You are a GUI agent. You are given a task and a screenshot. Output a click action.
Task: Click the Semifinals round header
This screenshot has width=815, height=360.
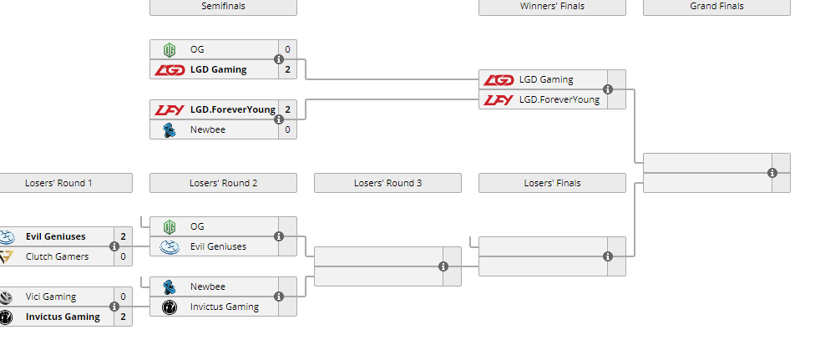click(223, 7)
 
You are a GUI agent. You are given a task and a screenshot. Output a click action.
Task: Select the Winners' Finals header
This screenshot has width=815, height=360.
click(552, 7)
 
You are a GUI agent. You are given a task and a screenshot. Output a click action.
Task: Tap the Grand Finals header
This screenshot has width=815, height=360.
click(716, 7)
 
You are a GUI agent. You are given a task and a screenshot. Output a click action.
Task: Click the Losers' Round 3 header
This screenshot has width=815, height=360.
click(387, 183)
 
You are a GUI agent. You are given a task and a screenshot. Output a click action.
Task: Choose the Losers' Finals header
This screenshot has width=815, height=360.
click(552, 183)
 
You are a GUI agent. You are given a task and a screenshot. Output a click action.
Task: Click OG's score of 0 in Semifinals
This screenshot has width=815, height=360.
click(287, 49)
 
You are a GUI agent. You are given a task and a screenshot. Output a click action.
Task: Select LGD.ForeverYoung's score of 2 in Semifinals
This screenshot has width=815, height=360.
click(287, 109)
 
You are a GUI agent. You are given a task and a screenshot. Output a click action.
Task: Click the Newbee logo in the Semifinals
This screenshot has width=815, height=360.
click(170, 129)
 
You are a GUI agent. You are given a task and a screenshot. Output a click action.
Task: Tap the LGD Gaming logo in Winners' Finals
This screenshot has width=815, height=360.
click(499, 80)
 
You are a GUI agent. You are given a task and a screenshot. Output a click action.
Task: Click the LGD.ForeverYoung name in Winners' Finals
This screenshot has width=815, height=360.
click(559, 100)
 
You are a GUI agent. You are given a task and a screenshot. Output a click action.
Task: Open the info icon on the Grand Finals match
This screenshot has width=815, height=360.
click(772, 173)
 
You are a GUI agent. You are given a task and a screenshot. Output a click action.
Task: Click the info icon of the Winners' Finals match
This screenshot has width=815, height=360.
click(608, 89)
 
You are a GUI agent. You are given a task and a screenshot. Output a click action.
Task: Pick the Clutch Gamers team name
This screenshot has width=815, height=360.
click(57, 256)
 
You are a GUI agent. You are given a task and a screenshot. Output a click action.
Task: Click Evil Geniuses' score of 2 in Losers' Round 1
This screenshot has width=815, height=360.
click(123, 236)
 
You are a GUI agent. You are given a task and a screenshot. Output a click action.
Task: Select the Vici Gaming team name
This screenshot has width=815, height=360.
click(51, 297)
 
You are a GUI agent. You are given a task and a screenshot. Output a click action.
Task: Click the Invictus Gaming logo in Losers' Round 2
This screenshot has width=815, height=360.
click(170, 307)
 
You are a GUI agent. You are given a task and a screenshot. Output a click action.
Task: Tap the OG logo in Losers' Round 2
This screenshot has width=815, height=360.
click(170, 226)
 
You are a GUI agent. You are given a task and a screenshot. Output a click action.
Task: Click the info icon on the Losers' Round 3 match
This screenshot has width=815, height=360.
click(443, 266)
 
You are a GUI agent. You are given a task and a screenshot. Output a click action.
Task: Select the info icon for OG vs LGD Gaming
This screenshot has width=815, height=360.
click(279, 59)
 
